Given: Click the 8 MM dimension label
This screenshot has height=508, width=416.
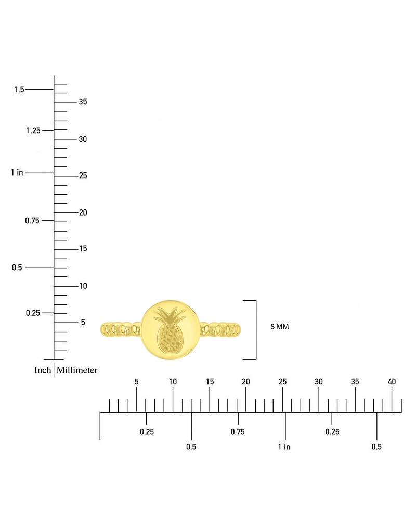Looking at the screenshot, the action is click(x=279, y=327).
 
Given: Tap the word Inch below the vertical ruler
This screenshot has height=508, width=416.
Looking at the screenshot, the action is click(x=43, y=370).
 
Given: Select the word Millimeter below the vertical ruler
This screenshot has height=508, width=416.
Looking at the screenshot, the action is click(x=77, y=370).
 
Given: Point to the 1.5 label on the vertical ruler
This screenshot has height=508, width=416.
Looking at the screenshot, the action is click(x=19, y=90).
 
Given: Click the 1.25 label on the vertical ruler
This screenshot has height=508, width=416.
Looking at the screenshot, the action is click(x=33, y=131).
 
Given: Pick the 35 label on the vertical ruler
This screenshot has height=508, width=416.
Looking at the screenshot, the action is click(x=83, y=102).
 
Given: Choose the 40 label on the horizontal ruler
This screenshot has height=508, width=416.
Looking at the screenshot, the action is click(x=392, y=382).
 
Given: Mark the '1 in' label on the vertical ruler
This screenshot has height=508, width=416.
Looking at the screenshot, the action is click(x=17, y=172).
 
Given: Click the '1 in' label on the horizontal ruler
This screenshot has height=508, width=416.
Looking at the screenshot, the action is click(x=284, y=447).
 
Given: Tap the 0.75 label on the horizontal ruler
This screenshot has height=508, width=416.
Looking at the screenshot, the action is click(x=238, y=432).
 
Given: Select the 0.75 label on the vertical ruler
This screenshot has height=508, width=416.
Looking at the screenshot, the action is click(x=32, y=221).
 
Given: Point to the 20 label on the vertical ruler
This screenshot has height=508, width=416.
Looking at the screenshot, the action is click(x=83, y=212).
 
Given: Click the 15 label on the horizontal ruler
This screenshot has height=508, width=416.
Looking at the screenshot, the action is click(x=210, y=382).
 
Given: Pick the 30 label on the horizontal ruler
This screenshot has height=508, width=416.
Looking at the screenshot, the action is click(x=319, y=382).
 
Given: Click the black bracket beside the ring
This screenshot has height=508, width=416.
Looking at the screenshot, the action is click(x=256, y=330).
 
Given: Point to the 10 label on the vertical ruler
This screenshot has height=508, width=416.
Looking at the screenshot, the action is click(x=83, y=286).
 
